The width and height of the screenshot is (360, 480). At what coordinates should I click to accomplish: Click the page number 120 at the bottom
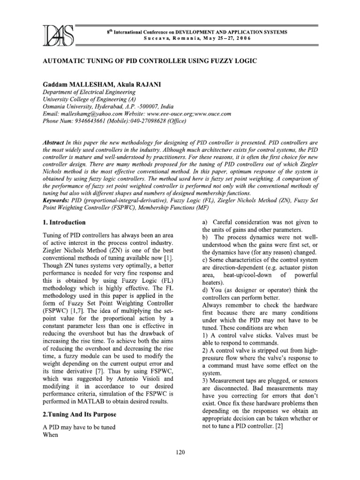[180, 452]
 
